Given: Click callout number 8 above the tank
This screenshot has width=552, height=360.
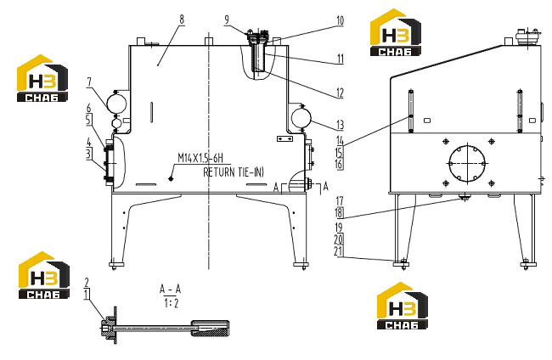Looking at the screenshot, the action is click(182, 20).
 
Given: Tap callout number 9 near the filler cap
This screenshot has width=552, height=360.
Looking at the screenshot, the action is click(227, 20).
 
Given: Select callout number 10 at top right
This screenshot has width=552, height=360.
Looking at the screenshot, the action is click(340, 20).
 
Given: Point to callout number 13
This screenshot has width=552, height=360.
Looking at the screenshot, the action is click(340, 125).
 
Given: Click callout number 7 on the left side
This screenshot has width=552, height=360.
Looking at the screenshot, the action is click(89, 82).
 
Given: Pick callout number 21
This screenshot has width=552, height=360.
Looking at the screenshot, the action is click(338, 251).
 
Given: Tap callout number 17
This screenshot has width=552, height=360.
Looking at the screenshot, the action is click(339, 201).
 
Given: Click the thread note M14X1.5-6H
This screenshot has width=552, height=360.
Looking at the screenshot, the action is click(200, 158).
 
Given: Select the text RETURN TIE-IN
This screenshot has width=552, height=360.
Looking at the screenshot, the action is click(233, 172).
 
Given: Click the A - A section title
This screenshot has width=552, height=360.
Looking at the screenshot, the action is click(171, 290).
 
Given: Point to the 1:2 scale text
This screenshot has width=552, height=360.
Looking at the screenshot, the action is click(171, 303).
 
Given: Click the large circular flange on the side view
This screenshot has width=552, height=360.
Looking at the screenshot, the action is click(467, 163).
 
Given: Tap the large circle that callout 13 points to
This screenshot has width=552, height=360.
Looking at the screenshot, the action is click(301, 119).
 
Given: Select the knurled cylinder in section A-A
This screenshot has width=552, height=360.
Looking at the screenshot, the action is click(210, 328).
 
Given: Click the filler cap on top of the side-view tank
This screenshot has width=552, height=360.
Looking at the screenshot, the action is click(527, 37).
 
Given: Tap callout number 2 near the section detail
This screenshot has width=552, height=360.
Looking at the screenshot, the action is click(87, 282).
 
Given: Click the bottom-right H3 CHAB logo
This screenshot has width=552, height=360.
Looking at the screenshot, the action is click(403, 306).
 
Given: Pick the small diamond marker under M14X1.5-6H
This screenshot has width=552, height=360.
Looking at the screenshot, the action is click(171, 179).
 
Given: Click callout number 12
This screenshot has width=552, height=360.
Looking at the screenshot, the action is click(340, 93).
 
